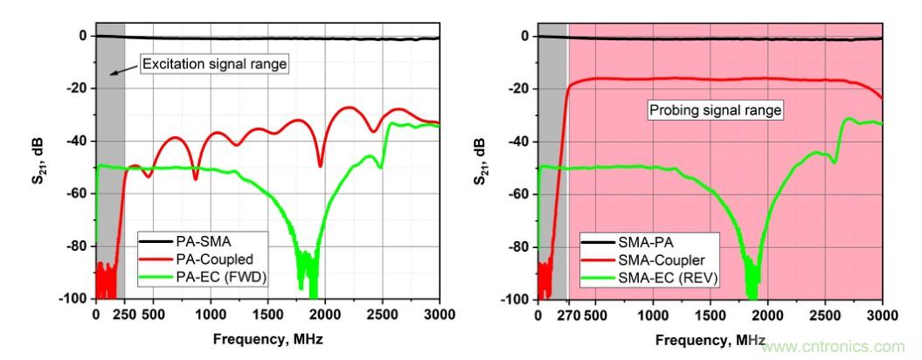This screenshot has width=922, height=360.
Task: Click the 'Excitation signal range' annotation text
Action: coord(215,63)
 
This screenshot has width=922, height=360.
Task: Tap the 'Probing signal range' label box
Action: coord(715,110)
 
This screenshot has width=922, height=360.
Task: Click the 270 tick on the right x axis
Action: coord(569,315)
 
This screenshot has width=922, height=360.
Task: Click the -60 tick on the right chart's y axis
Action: coord(519,194)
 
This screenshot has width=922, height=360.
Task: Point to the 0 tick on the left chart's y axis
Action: coord(83,36)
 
